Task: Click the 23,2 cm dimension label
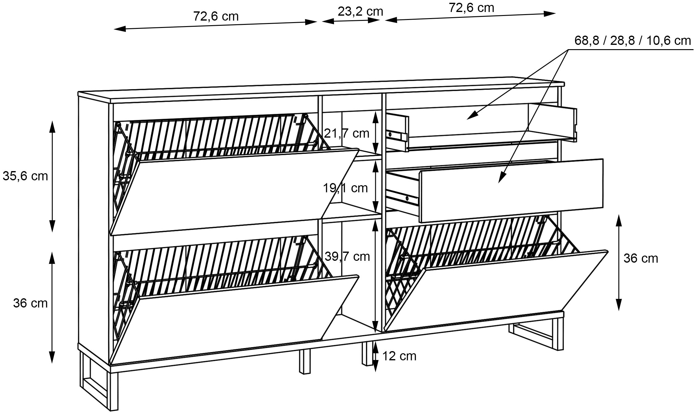pyautogui.click(x=360, y=12)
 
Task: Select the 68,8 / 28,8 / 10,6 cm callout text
pyautogui.click(x=632, y=41)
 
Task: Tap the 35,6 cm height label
pyautogui.click(x=25, y=176)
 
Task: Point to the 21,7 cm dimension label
pyautogui.click(x=347, y=133)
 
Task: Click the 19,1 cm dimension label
pyautogui.click(x=345, y=188)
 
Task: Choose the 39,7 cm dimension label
pyautogui.click(x=347, y=256)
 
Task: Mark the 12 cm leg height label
pyautogui.click(x=399, y=356)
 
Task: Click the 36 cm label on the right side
pyautogui.click(x=641, y=258)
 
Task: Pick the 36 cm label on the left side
pyautogui.click(x=30, y=303)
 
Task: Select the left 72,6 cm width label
pyautogui.click(x=216, y=16)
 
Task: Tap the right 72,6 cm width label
pyautogui.click(x=471, y=8)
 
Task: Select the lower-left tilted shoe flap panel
pyautogui.click(x=234, y=319)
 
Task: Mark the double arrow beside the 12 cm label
pyautogui.click(x=375, y=356)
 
